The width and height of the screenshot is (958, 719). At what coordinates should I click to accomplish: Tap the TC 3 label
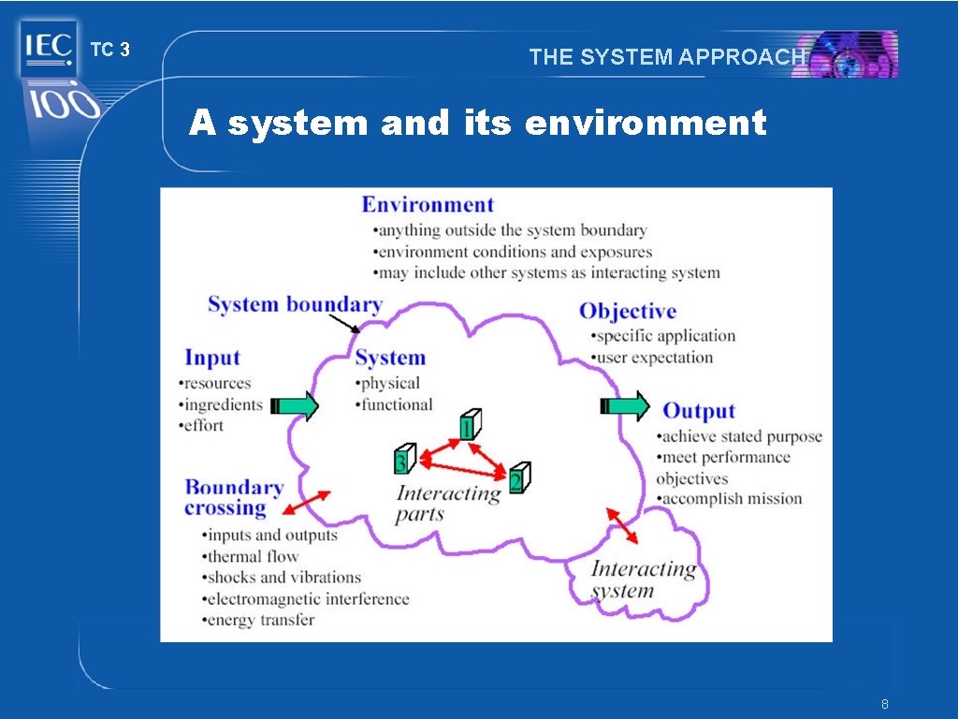click(x=109, y=51)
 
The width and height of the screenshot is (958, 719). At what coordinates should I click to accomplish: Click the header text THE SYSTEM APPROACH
click(x=666, y=57)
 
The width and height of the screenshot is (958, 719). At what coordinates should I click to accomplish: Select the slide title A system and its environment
click(x=477, y=123)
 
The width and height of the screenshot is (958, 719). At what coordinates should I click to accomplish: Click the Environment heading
click(x=428, y=205)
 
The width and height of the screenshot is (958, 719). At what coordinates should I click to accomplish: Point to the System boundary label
click(x=295, y=304)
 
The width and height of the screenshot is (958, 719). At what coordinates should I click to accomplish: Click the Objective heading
click(x=627, y=312)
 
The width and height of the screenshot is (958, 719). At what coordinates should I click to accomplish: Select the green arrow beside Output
click(x=624, y=405)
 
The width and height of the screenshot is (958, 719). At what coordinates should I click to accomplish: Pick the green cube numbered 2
click(x=519, y=478)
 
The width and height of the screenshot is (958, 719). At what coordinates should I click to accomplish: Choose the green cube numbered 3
click(x=404, y=459)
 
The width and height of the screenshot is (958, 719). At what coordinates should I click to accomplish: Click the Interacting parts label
click(x=447, y=504)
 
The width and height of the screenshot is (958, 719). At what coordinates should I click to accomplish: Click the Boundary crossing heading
click(x=233, y=497)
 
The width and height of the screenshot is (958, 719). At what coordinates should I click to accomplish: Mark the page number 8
click(x=884, y=703)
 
